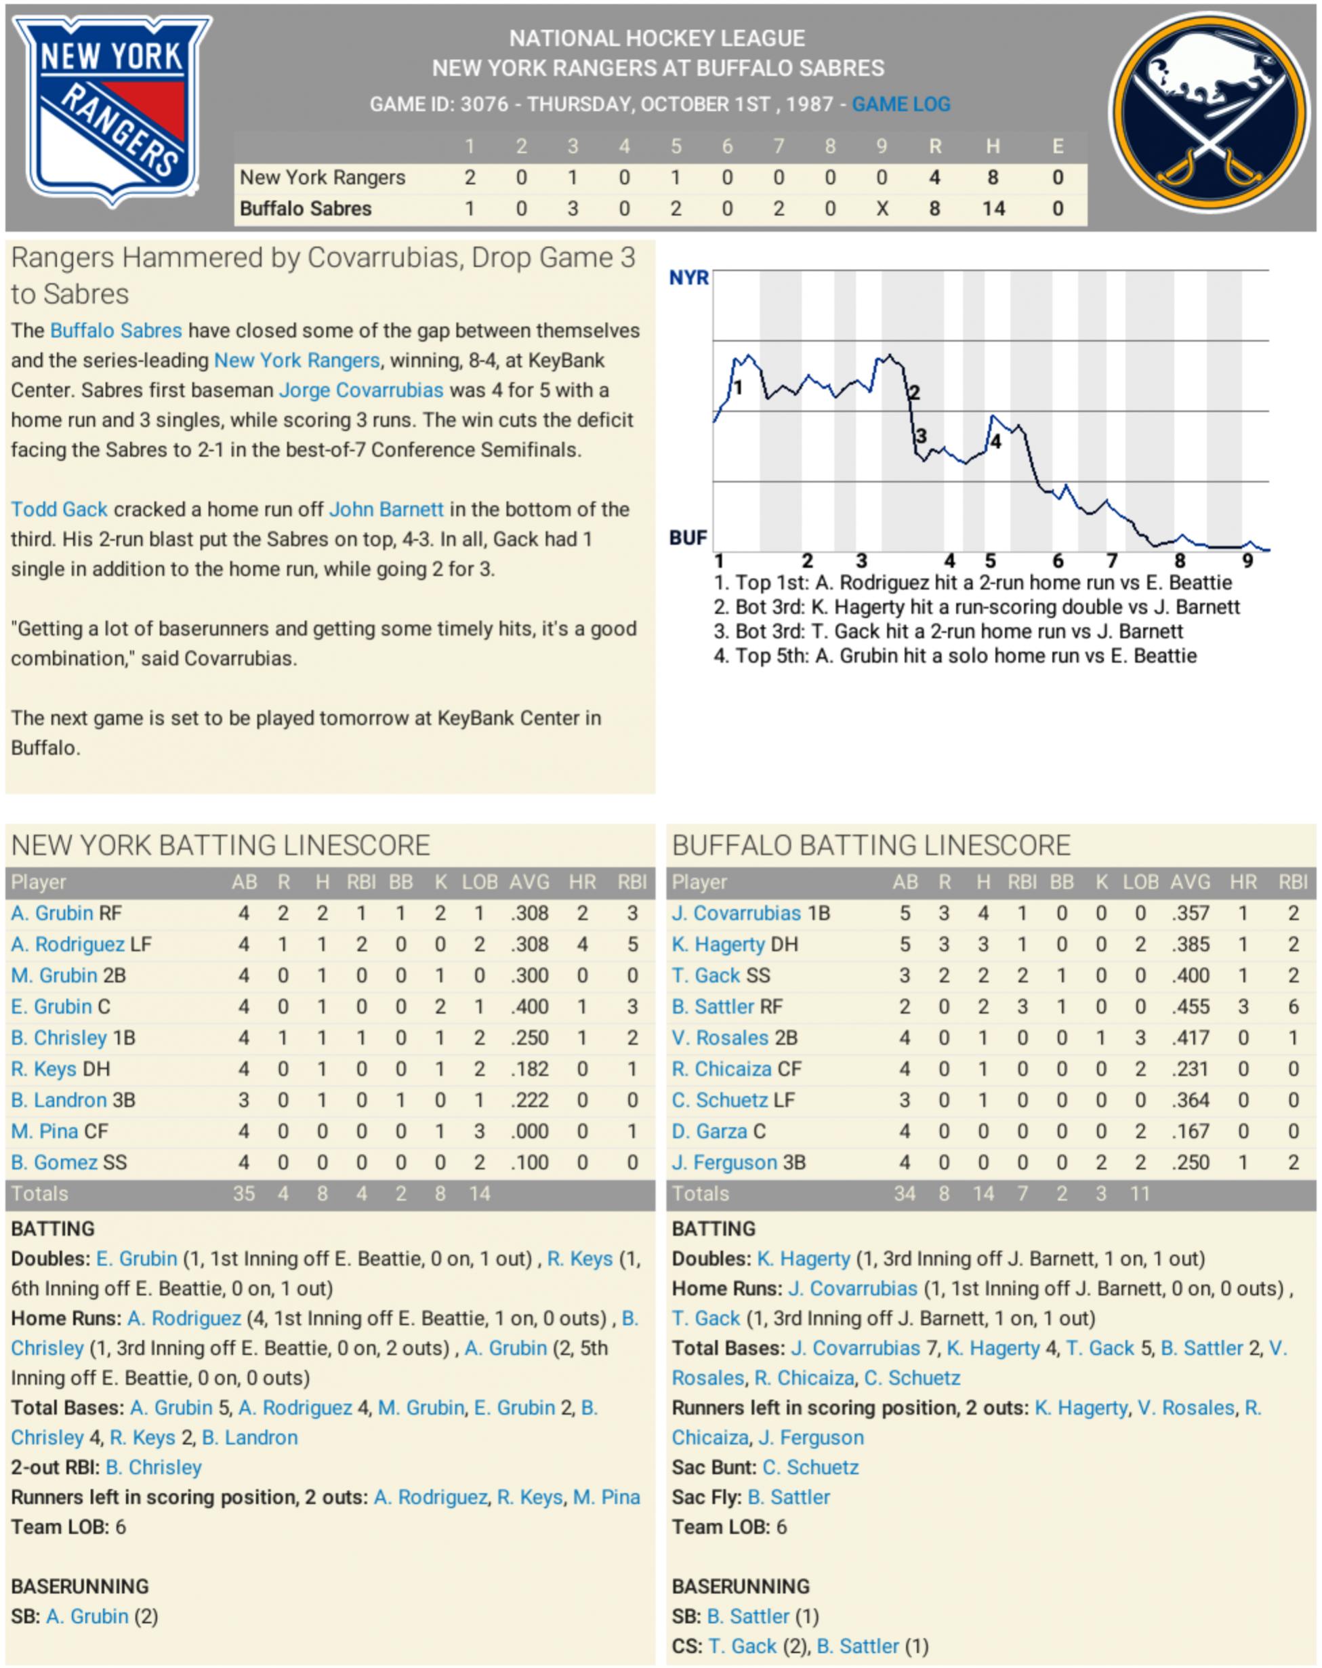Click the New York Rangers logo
[x=112, y=110]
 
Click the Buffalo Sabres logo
[x=1208, y=113]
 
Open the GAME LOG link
[x=901, y=104]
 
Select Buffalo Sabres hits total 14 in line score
[x=993, y=209]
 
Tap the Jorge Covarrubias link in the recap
[x=360, y=390]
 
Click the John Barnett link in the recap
[x=386, y=509]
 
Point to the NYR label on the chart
[x=688, y=278]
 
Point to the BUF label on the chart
[x=688, y=537]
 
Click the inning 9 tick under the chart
[x=1247, y=561]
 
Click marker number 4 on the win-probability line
[x=995, y=442]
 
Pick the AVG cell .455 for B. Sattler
[x=1190, y=1006]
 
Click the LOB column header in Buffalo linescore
[x=1140, y=882]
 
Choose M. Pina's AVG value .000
[x=529, y=1131]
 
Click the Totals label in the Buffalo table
[x=700, y=1194]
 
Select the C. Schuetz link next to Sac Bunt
[x=810, y=1467]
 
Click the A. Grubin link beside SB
[x=87, y=1616]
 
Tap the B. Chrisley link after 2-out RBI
[x=153, y=1467]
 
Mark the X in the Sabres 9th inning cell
[x=882, y=209]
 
